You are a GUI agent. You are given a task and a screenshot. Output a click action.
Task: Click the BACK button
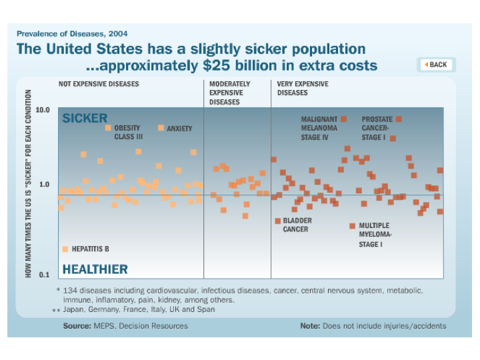point(436,65)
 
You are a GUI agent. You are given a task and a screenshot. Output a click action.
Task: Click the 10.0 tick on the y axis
point(43,109)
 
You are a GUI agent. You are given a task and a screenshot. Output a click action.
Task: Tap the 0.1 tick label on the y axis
point(43,275)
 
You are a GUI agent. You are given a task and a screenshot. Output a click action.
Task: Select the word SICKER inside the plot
point(85,119)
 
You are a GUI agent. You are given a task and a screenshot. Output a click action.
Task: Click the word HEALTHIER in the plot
point(95,269)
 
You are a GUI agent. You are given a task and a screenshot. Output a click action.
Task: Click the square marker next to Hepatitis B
point(65,249)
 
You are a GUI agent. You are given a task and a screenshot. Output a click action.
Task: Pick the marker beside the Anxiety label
point(161,127)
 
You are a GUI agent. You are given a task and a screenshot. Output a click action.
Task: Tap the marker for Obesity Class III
point(108,127)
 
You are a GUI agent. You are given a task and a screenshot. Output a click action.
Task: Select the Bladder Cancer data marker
point(277,221)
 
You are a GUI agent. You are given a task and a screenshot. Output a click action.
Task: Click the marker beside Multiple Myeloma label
point(352,226)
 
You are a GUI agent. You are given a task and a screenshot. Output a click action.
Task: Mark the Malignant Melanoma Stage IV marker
point(344,119)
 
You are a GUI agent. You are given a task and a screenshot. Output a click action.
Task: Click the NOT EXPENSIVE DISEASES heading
point(99,84)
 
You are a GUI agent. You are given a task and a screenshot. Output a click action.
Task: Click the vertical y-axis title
point(28,184)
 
